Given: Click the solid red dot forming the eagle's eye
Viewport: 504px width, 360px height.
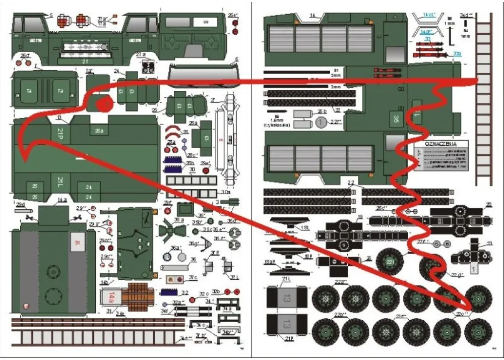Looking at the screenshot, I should [x=104, y=105].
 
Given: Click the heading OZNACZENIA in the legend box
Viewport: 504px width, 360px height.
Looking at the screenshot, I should [x=440, y=144].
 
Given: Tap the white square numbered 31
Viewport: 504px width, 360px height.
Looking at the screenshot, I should [x=77, y=243].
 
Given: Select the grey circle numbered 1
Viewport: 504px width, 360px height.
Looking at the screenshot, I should [x=322, y=122].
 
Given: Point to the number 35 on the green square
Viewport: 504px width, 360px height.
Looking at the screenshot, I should [x=395, y=120].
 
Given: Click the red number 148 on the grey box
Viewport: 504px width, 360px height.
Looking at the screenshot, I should [x=111, y=297].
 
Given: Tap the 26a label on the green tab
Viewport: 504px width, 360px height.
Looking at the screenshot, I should [x=99, y=131].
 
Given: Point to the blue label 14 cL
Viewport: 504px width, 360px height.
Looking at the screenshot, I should [x=430, y=16].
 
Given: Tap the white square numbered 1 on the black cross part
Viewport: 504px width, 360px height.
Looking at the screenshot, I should [x=474, y=268].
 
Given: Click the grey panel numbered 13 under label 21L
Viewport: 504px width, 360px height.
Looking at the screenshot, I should [x=286, y=295].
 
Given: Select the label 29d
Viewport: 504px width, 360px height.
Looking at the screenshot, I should [x=20, y=204].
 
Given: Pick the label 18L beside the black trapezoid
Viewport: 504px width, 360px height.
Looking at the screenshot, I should [x=304, y=227].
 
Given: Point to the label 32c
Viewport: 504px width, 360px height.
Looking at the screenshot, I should [x=204, y=293].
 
